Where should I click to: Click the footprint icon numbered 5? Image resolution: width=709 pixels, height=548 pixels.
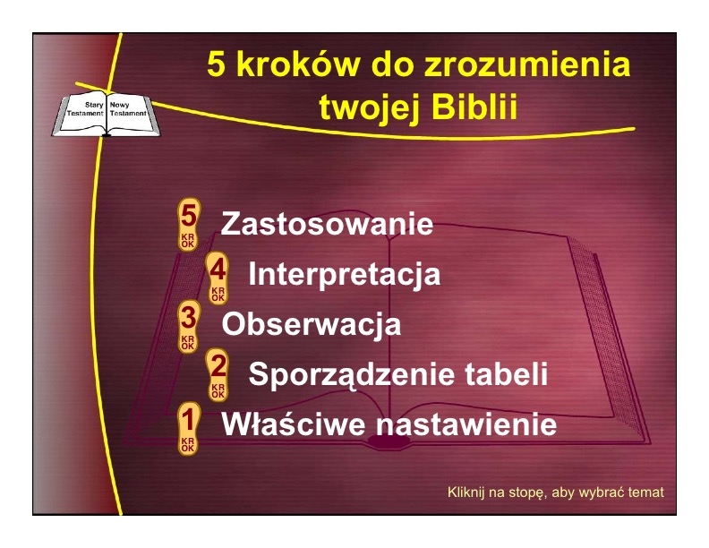(188, 224)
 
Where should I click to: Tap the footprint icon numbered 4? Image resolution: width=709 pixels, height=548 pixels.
(218, 278)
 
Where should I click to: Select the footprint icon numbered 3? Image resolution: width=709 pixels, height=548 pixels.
(188, 327)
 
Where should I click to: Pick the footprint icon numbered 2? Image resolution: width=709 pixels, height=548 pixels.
(218, 375)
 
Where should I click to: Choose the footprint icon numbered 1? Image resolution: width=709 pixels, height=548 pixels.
(188, 428)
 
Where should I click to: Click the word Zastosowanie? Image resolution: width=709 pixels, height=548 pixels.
(327, 224)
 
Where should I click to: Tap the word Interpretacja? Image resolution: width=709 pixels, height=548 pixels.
(345, 275)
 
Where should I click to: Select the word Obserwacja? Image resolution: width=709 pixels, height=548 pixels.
(312, 325)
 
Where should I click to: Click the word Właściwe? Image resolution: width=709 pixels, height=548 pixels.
(293, 424)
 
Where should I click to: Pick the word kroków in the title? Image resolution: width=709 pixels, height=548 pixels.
(298, 64)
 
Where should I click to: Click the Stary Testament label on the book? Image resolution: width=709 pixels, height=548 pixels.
(85, 109)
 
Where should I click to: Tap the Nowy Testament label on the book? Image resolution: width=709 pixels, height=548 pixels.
(128, 109)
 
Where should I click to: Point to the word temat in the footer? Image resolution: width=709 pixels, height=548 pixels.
(648, 492)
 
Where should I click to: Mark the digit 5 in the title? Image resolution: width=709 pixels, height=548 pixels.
(216, 64)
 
